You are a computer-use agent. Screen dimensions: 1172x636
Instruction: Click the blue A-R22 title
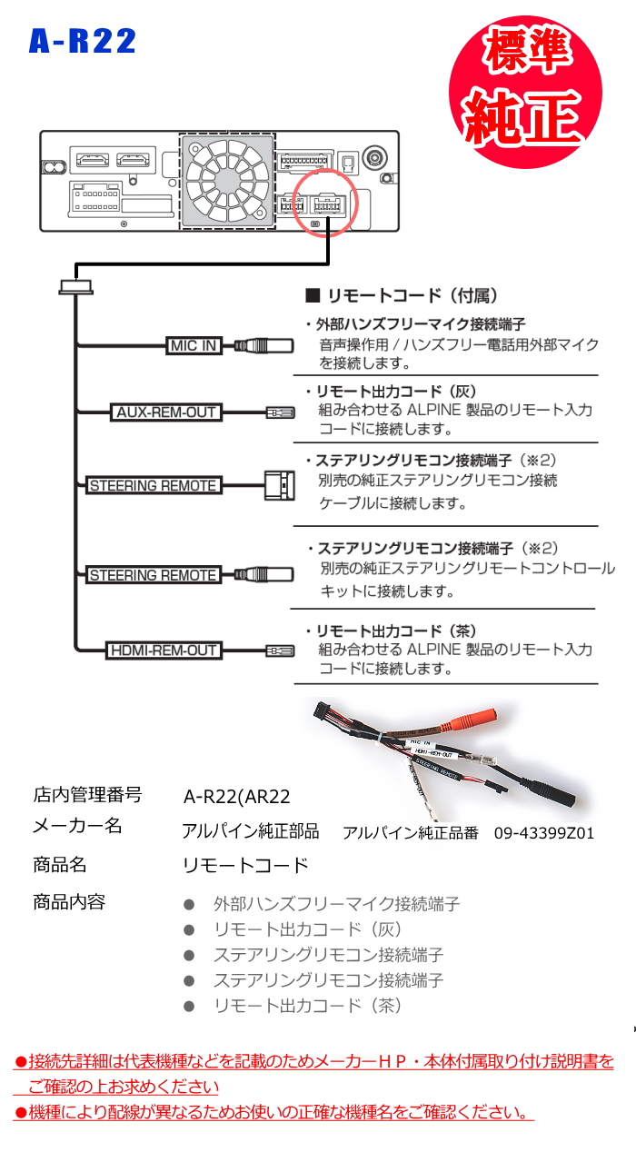tap(83, 41)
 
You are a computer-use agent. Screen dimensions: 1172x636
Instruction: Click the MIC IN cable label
tap(193, 345)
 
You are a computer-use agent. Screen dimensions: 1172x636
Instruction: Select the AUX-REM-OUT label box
tap(166, 412)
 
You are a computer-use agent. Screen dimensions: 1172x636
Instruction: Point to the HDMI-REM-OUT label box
tap(164, 651)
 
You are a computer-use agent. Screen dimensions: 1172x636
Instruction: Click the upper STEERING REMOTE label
tap(153, 486)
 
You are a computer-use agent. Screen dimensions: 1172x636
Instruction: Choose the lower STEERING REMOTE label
tap(153, 575)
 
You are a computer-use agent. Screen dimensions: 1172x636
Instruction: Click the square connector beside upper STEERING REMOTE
tap(279, 486)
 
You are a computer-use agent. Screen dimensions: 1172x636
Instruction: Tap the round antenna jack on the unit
tap(374, 160)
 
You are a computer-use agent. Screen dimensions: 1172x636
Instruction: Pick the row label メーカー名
tap(77, 827)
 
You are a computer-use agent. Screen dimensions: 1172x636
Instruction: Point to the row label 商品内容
tap(69, 902)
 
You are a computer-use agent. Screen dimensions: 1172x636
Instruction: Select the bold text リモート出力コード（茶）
tap(396, 631)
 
